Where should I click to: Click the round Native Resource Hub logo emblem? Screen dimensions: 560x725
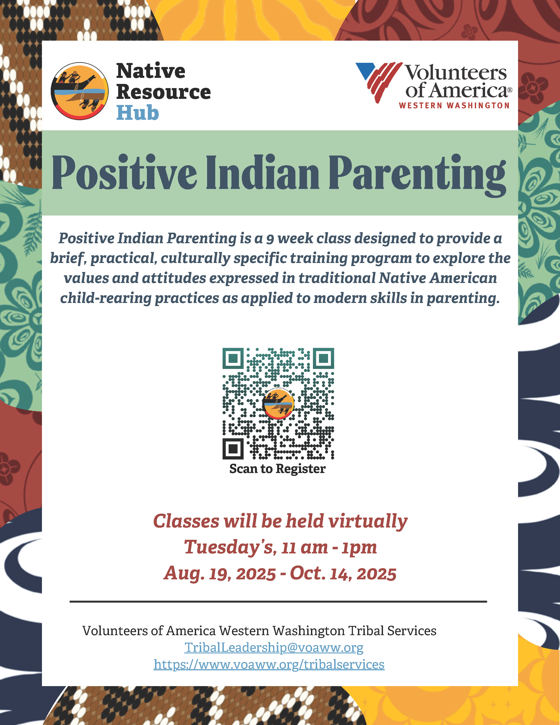point(80,91)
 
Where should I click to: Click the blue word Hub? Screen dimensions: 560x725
point(138,113)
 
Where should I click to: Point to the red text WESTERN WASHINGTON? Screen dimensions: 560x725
point(454,105)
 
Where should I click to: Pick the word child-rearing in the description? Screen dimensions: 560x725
point(106,298)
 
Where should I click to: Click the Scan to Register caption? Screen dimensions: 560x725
point(277,469)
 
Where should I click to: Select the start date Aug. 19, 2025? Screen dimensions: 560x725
point(220,574)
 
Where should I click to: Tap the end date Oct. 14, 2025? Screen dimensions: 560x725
point(343,574)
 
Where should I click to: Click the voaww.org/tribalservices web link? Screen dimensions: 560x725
point(269,665)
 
